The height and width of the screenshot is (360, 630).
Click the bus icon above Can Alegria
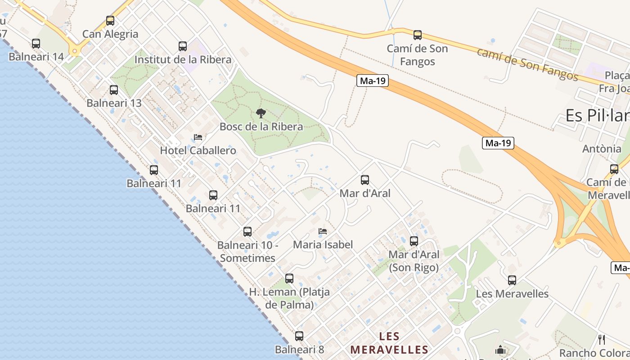[110, 21]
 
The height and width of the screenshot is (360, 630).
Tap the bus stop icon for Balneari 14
[36, 44]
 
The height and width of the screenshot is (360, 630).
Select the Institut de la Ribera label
[183, 59]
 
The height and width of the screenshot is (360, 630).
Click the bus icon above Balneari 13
[114, 90]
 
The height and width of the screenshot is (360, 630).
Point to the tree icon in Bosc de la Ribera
[261, 113]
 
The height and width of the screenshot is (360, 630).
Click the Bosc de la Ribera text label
[261, 126]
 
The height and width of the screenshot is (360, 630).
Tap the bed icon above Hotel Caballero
[198, 137]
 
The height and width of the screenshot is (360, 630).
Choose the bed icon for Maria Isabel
[323, 232]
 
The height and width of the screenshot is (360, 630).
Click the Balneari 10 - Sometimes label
[247, 252]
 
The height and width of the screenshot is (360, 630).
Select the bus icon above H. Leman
[289, 279]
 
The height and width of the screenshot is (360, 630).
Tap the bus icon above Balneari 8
[299, 336]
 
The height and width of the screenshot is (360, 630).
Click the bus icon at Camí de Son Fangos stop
[418, 35]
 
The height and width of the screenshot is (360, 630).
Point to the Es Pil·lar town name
[598, 116]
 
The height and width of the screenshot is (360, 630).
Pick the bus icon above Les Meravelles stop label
[512, 280]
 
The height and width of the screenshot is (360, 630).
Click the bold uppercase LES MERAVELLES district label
[389, 343]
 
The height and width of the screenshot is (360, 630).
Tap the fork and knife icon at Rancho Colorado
[602, 339]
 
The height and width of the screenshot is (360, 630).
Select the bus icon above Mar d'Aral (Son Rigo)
[414, 241]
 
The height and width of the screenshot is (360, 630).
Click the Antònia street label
[602, 148]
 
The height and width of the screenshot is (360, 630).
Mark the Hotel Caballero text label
[198, 150]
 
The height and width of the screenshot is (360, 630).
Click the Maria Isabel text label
[323, 245]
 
